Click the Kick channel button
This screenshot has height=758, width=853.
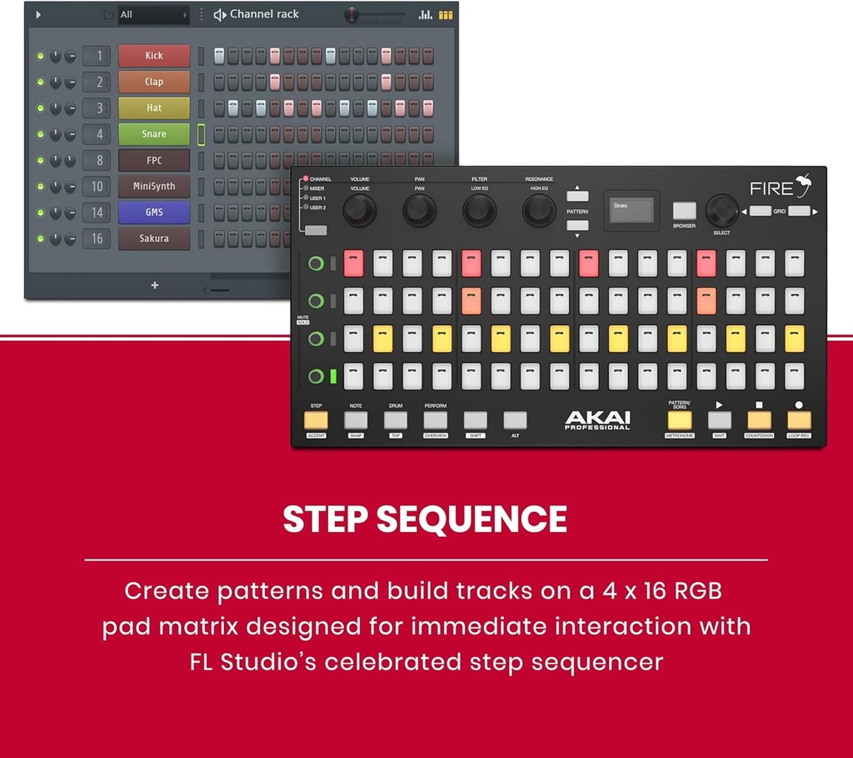click(x=154, y=56)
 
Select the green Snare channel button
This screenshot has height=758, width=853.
click(x=154, y=134)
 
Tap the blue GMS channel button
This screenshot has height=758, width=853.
click(x=154, y=213)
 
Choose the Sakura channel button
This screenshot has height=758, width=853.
click(x=154, y=238)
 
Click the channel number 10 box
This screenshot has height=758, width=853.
click(x=97, y=187)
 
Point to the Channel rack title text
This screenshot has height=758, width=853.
click(x=264, y=14)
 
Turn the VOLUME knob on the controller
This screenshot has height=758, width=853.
click(x=359, y=211)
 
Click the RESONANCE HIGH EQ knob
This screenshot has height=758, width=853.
click(x=539, y=211)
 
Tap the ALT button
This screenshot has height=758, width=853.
click(x=515, y=420)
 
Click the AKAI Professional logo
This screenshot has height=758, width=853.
click(x=597, y=420)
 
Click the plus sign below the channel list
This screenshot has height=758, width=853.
click(x=154, y=285)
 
